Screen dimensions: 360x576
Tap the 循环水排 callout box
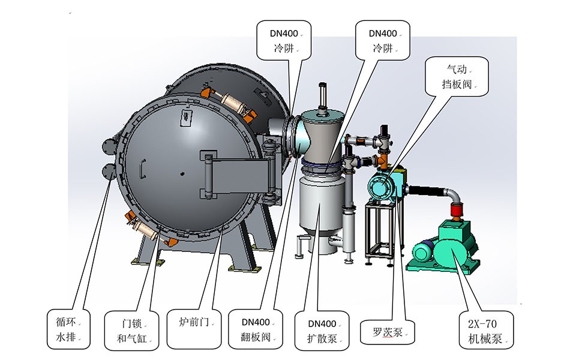[x=68, y=329]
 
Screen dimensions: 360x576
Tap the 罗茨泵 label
[x=388, y=331]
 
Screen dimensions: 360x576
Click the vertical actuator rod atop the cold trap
[x=323, y=97]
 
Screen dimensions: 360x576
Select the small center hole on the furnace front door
[x=182, y=175]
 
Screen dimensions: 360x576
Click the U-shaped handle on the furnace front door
[x=142, y=169]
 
